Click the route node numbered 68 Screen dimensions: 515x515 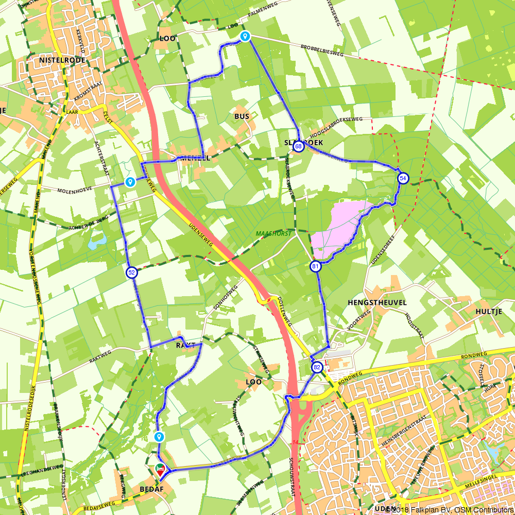click(298, 147)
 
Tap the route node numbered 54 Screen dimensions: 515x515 click(403, 178)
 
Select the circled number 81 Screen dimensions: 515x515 click(315, 266)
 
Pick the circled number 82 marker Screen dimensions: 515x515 click(317, 367)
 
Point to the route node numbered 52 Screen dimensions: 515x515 click(131, 272)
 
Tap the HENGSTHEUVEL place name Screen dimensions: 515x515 click(377, 302)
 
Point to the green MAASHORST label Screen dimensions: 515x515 click(273, 234)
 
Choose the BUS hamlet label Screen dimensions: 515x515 click(242, 116)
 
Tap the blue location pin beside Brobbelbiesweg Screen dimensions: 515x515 click(245, 36)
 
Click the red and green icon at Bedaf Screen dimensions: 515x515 click(160, 470)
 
